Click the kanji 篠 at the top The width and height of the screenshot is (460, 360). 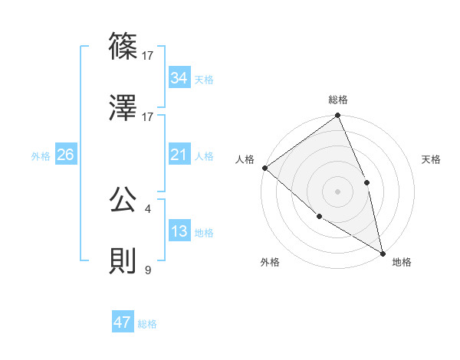[123, 47]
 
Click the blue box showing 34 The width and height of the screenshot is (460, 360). [179, 78]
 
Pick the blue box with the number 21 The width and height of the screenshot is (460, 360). [179, 155]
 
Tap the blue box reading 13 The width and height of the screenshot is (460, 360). [179, 231]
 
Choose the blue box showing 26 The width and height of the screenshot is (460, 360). [65, 155]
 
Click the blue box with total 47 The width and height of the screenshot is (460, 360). [123, 322]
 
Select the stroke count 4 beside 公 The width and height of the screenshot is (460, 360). [147, 208]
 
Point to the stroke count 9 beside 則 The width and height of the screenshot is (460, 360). [147, 270]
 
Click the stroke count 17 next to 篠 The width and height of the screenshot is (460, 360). [148, 55]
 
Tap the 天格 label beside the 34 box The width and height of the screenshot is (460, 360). [204, 79]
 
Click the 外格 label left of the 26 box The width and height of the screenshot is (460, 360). [41, 155]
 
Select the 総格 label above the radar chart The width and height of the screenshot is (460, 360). [338, 100]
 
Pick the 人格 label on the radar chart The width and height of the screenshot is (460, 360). [245, 159]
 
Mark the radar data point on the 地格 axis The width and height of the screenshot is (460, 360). [382, 252]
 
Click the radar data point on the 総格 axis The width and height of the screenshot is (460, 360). [338, 116]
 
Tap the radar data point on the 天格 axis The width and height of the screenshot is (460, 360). [366, 182]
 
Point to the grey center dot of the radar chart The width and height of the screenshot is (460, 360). [337, 191]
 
